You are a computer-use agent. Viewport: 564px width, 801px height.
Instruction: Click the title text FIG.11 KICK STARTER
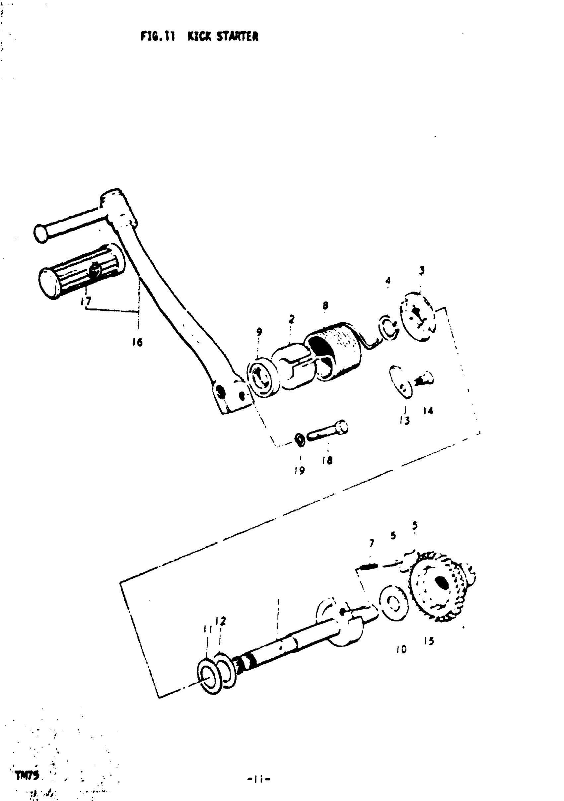point(199,36)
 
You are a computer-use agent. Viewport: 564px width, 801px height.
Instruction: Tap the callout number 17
point(86,300)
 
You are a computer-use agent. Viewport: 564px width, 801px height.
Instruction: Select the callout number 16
point(137,343)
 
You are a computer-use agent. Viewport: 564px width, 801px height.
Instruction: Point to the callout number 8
point(325,306)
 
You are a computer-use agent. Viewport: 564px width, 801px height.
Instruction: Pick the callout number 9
point(259,332)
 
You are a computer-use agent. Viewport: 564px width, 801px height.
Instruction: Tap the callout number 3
point(422,270)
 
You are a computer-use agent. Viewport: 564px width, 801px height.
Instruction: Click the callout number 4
point(388,281)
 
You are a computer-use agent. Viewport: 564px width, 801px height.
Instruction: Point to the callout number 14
point(428,411)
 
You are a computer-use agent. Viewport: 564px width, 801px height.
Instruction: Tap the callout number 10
point(401,649)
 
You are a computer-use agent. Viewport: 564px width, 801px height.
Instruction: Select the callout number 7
point(372,543)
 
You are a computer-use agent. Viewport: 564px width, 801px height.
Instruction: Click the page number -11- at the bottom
point(259,779)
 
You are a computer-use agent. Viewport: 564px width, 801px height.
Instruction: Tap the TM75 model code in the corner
point(27,775)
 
